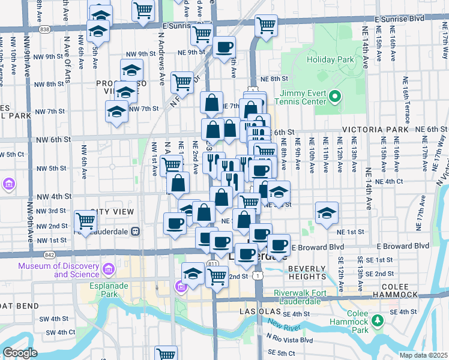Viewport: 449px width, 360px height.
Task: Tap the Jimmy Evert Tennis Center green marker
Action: tap(335, 96)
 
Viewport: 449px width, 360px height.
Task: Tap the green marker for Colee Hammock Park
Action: tap(377, 322)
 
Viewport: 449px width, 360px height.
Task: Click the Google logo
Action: tap(20, 353)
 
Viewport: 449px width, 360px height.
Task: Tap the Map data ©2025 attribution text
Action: tap(424, 355)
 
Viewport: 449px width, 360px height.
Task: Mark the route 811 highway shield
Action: tap(212, 263)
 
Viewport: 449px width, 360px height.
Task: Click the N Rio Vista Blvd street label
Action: tap(291, 340)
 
